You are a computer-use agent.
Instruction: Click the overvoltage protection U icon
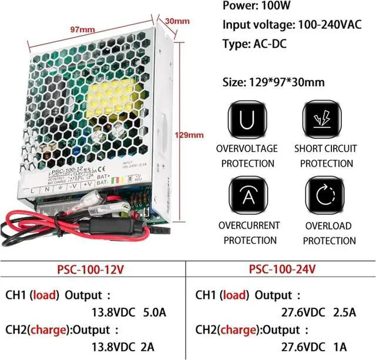click(246, 120)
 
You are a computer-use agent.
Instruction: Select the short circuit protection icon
click(323, 120)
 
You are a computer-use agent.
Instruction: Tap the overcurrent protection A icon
click(246, 197)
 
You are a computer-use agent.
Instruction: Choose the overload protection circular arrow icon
click(323, 197)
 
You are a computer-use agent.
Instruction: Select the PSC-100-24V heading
click(282, 269)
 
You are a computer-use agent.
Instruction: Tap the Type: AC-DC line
click(254, 43)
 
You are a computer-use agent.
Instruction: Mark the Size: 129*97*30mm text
click(274, 82)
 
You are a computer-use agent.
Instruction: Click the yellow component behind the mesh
click(117, 97)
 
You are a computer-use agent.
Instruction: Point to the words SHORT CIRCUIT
click(325, 149)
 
